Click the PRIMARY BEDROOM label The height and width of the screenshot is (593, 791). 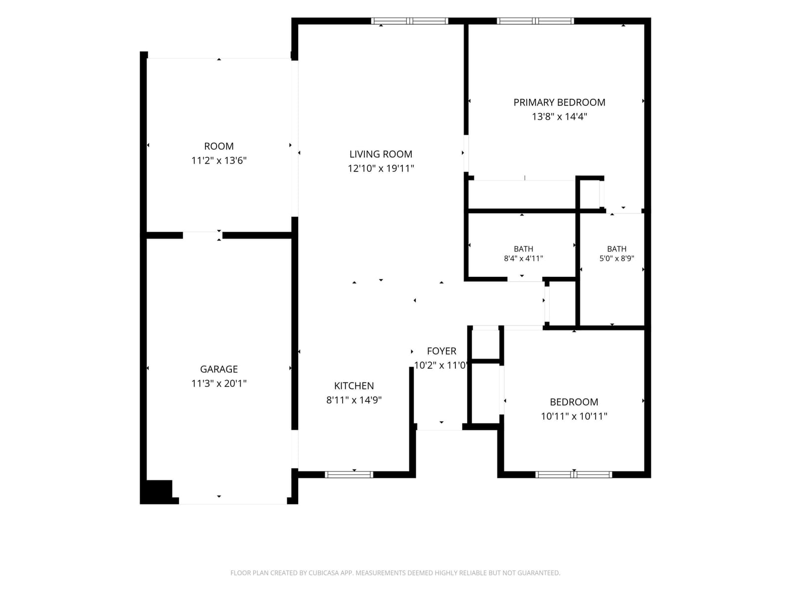(559, 103)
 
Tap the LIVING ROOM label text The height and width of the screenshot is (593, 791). (381, 154)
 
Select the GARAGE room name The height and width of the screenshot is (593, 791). (219, 369)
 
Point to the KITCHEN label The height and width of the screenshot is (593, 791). (354, 386)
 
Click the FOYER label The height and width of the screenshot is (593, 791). (441, 351)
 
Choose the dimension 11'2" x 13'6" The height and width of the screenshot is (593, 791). (219, 161)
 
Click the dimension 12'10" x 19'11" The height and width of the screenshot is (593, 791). (381, 169)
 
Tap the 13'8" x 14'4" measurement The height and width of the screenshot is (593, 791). (559, 117)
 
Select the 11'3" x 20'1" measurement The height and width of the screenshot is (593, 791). (219, 383)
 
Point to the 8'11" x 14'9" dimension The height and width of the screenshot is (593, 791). (354, 400)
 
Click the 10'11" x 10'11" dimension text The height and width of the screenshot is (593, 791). (573, 416)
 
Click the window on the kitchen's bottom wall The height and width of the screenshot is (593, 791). (349, 474)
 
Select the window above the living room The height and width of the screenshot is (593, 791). (410, 21)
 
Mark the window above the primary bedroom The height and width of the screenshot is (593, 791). (535, 21)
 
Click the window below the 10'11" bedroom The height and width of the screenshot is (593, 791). (573, 474)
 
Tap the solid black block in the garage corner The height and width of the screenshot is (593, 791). (159, 490)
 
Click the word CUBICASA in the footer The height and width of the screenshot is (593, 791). (322, 573)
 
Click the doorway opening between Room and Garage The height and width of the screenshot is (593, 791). (203, 236)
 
